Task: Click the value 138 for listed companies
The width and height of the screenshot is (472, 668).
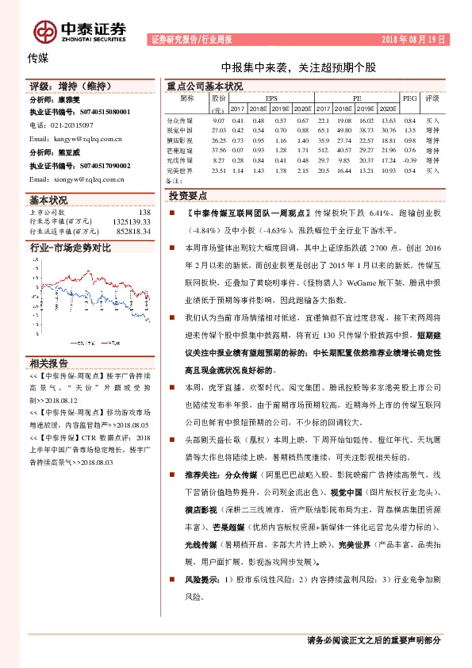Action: click(144, 213)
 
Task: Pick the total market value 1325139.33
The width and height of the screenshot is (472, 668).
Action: click(131, 222)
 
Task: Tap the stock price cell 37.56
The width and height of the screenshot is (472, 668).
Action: click(219, 149)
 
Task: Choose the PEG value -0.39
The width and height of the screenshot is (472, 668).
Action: click(409, 159)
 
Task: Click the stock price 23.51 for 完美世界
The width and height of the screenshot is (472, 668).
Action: click(219, 170)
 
